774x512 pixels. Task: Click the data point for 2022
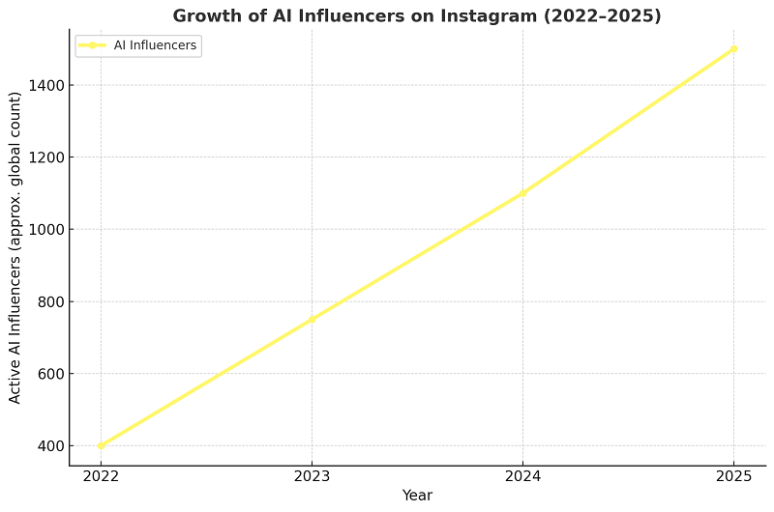pos(101,445)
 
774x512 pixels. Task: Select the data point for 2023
pos(312,319)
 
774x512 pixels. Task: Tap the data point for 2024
pos(522,193)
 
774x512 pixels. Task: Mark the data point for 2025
pos(733,48)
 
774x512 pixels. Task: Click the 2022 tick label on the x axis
pos(101,476)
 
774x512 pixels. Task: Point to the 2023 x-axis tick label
pos(312,476)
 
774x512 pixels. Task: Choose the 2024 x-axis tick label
pos(522,476)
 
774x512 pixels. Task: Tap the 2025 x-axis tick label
pos(733,476)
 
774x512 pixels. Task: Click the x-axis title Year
pos(417,496)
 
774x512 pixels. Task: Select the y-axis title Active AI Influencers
pos(15,247)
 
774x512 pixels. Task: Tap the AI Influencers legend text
pos(155,45)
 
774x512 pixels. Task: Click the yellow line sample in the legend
pos(93,45)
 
